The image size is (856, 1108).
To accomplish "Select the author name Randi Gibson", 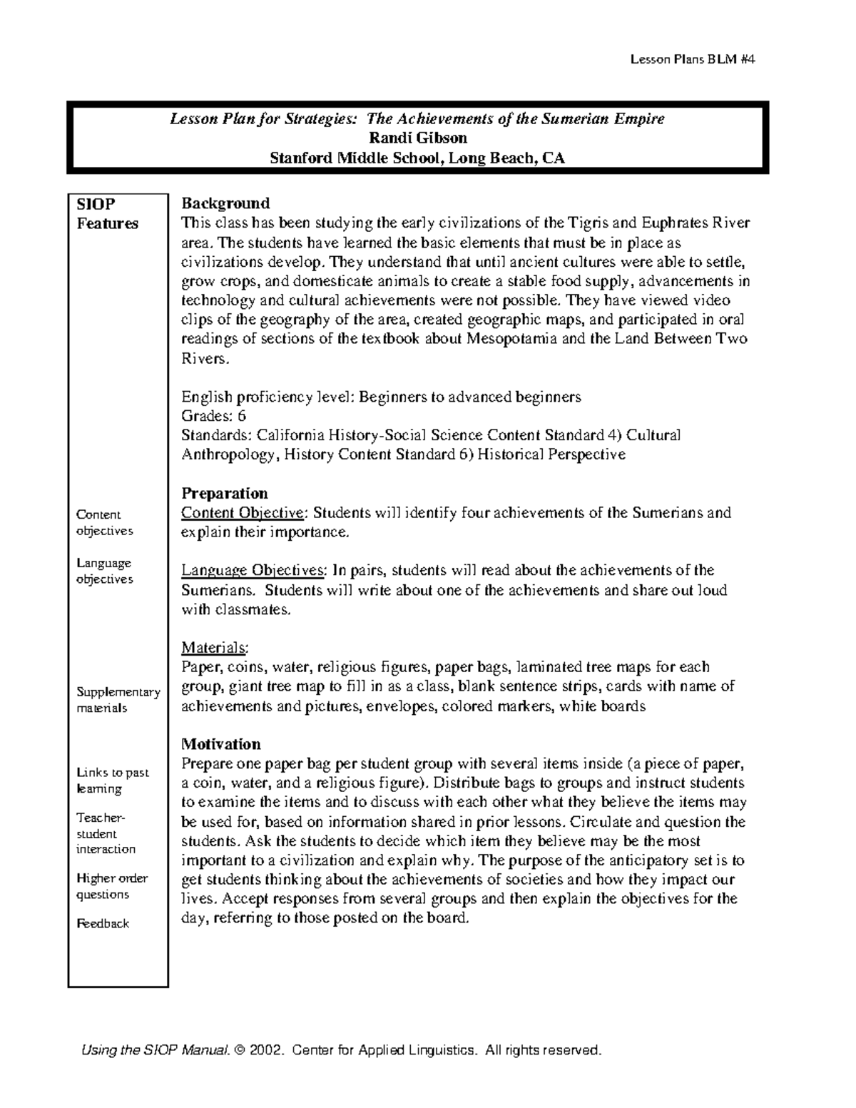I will point(417,138).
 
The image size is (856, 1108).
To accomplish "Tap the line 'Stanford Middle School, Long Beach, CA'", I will point(417,158).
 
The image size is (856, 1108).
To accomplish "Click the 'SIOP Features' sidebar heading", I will point(107,214).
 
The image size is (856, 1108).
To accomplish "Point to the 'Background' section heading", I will point(225,203).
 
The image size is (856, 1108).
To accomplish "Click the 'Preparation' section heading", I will point(225,493).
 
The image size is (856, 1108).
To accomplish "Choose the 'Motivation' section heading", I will point(221,744).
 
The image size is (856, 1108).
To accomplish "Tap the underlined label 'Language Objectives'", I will point(253,571).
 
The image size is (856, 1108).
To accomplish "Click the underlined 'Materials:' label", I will point(215,648).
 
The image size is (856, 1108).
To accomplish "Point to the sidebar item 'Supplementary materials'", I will point(118,700).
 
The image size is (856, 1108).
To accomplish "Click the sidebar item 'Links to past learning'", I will point(113,781).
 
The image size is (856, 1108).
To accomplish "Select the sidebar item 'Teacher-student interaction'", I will point(106,833).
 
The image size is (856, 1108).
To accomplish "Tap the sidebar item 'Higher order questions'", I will point(112,886).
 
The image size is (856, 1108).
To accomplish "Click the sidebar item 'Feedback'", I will point(103,923).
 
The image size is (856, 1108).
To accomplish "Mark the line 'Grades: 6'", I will point(213,416).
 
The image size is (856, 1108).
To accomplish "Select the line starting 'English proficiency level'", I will point(381,397).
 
